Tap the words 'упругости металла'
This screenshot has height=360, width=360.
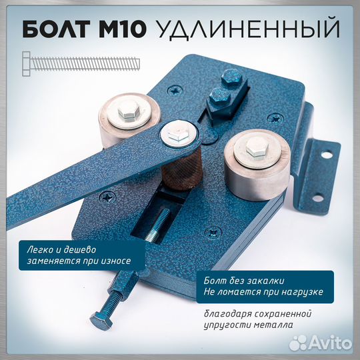pos(248,326)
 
